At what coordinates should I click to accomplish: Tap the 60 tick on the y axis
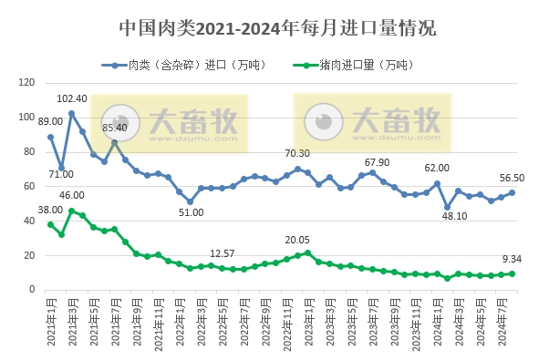[26, 186]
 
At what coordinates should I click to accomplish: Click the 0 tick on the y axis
[28, 289]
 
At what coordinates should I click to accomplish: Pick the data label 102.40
[72, 98]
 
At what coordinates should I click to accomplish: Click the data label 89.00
[50, 120]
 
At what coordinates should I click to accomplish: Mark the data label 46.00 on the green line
[72, 195]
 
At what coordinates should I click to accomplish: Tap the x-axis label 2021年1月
[51, 322]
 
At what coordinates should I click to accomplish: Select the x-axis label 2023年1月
[308, 322]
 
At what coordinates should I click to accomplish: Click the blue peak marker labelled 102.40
[71, 114]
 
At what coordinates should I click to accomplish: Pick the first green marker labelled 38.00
[50, 224]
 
